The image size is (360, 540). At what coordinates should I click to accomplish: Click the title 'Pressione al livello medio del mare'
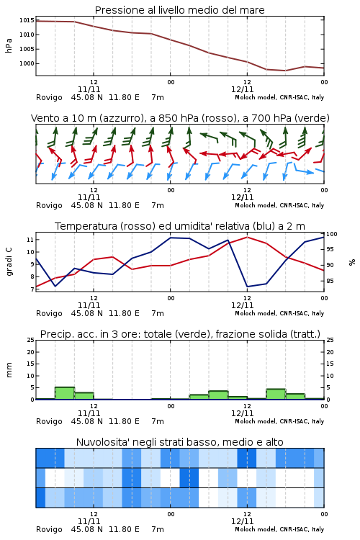[x=179, y=10]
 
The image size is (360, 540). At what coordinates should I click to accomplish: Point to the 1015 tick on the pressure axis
[x=27, y=20]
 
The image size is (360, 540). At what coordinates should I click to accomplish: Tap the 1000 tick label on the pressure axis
[x=27, y=63]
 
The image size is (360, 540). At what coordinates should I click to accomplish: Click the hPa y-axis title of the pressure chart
[x=9, y=45]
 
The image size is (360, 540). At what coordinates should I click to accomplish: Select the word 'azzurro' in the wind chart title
[x=121, y=119]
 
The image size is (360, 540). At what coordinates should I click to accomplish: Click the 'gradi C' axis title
[x=9, y=262]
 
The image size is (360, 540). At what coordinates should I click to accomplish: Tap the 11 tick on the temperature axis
[x=30, y=240]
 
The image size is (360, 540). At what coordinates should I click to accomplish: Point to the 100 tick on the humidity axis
[x=332, y=234]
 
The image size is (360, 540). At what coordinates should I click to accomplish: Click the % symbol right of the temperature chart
[x=352, y=262]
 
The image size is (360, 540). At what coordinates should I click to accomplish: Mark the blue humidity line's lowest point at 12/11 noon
[x=248, y=287]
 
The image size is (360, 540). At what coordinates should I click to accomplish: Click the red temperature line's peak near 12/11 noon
[x=248, y=237]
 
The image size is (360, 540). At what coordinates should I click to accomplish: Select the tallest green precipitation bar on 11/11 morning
[x=65, y=393]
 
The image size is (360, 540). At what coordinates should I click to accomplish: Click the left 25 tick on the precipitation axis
[x=30, y=340]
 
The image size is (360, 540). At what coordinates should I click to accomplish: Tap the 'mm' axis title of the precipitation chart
[x=9, y=370]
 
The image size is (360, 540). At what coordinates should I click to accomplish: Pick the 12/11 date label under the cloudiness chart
[x=242, y=521]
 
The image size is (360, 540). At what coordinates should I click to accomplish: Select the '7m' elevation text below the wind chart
[x=158, y=206]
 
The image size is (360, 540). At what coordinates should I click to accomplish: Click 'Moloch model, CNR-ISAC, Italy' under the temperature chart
[x=279, y=313]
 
